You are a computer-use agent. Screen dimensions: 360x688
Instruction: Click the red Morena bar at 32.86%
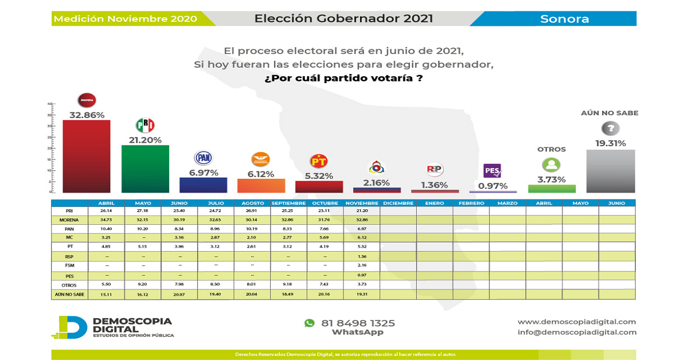[86, 156]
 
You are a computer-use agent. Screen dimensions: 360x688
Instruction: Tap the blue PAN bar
[204, 185]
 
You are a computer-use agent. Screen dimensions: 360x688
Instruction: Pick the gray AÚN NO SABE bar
[611, 171]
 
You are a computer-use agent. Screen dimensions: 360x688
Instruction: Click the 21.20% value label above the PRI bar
[145, 140]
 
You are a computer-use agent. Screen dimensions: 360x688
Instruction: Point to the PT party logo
[319, 161]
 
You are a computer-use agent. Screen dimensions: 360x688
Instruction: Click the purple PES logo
[492, 171]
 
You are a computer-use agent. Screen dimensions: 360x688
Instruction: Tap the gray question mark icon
[610, 128]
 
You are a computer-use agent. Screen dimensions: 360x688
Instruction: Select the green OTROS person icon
[551, 165]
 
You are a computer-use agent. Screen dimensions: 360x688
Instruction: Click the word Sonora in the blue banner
[564, 19]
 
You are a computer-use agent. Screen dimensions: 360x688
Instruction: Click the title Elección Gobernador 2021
[343, 18]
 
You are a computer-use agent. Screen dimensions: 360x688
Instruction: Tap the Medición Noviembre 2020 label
[125, 19]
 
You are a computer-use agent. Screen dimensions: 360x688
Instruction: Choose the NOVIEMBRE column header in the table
[362, 203]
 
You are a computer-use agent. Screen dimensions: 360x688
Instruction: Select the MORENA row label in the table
[69, 220]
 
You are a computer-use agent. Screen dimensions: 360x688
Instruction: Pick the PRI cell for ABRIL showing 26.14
[106, 211]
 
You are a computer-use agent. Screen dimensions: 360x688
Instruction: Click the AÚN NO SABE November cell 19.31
[362, 295]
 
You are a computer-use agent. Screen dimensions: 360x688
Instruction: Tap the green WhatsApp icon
[310, 323]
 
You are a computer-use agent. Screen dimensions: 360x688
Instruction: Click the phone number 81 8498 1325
[358, 323]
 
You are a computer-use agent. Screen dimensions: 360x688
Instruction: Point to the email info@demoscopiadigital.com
[577, 332]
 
